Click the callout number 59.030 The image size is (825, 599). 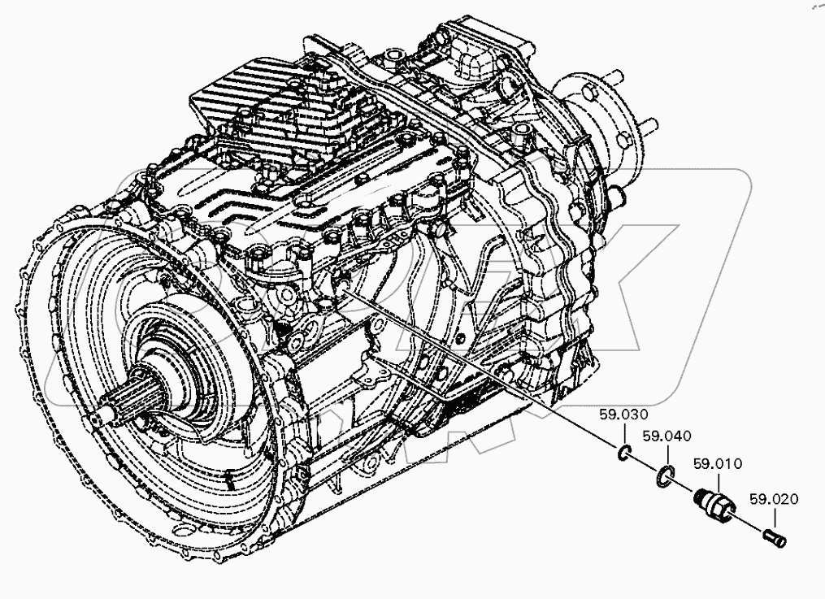click(x=620, y=414)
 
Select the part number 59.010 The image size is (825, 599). click(x=717, y=464)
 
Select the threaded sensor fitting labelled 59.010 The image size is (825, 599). click(x=713, y=503)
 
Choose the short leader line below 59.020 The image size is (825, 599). click(x=773, y=517)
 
